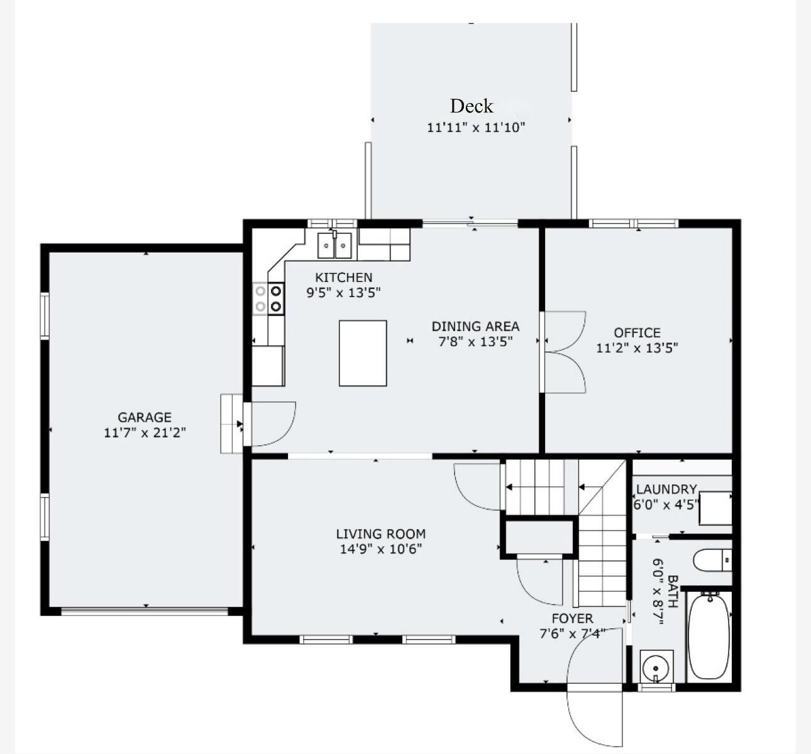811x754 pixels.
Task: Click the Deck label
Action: click(472, 106)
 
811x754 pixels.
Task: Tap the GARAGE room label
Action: click(145, 417)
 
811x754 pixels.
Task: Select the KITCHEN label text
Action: click(343, 277)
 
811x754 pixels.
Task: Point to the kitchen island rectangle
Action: click(363, 353)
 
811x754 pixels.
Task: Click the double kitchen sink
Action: click(334, 245)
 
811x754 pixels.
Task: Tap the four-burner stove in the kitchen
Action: click(268, 298)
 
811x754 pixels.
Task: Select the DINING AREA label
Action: click(475, 326)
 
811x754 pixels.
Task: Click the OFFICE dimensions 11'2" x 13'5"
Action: click(637, 347)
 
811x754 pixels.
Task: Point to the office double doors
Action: click(564, 352)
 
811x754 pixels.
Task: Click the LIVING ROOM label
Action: click(380, 534)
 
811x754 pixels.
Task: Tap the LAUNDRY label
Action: click(666, 489)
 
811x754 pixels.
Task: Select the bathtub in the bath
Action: click(709, 636)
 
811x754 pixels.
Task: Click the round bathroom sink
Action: click(656, 665)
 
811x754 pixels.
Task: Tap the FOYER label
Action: click(572, 618)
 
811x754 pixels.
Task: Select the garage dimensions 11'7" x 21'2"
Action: click(145, 432)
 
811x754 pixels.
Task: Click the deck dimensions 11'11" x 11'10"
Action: click(476, 128)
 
